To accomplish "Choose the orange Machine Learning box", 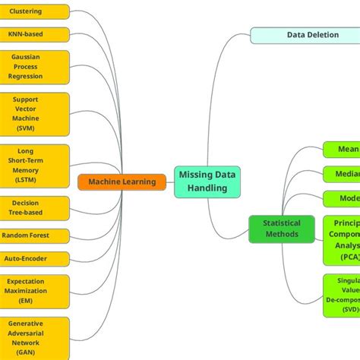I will click(122, 182).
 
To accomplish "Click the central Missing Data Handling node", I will click(207, 182).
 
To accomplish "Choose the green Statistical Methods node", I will click(281, 229).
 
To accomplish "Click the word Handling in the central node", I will click(207, 188).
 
